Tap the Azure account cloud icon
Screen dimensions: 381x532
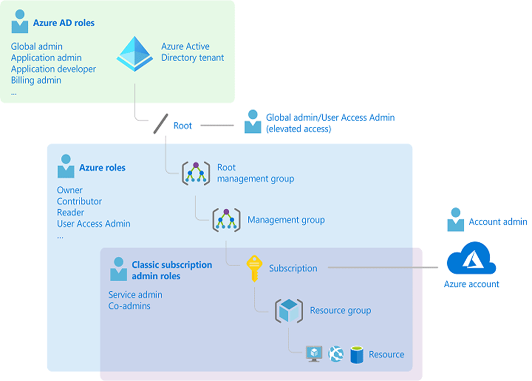pos(471,259)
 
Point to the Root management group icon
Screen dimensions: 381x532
pos(195,173)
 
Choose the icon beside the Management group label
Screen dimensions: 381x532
pos(226,220)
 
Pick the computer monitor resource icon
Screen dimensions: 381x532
pos(315,354)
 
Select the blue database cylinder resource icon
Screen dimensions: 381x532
pos(356,354)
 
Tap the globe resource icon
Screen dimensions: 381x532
pos(336,354)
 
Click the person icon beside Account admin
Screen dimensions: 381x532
pos(455,220)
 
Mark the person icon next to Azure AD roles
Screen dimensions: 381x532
pos(20,22)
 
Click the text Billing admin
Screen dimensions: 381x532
pos(36,81)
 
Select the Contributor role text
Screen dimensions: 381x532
pos(79,201)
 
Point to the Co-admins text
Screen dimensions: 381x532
pos(129,306)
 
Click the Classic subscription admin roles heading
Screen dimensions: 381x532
pos(172,271)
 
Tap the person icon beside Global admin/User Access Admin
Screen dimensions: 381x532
pos(252,122)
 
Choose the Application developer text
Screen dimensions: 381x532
pos(53,69)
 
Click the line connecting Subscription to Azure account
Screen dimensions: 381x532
pos(380,268)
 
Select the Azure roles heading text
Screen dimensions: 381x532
pos(102,168)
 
